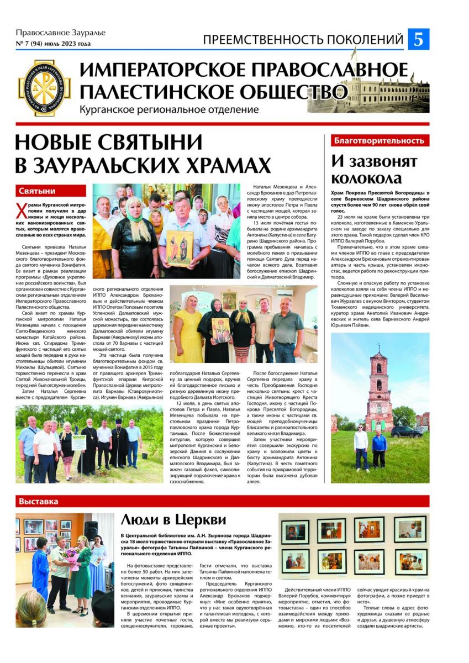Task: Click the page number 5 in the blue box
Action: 418,40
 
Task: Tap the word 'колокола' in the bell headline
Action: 366,178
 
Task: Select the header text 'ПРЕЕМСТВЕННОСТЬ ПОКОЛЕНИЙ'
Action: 303,40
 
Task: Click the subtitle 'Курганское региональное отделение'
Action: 168,110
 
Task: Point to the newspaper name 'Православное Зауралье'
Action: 60,33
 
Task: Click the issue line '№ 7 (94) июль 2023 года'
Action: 53,44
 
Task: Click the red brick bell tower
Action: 380,390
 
